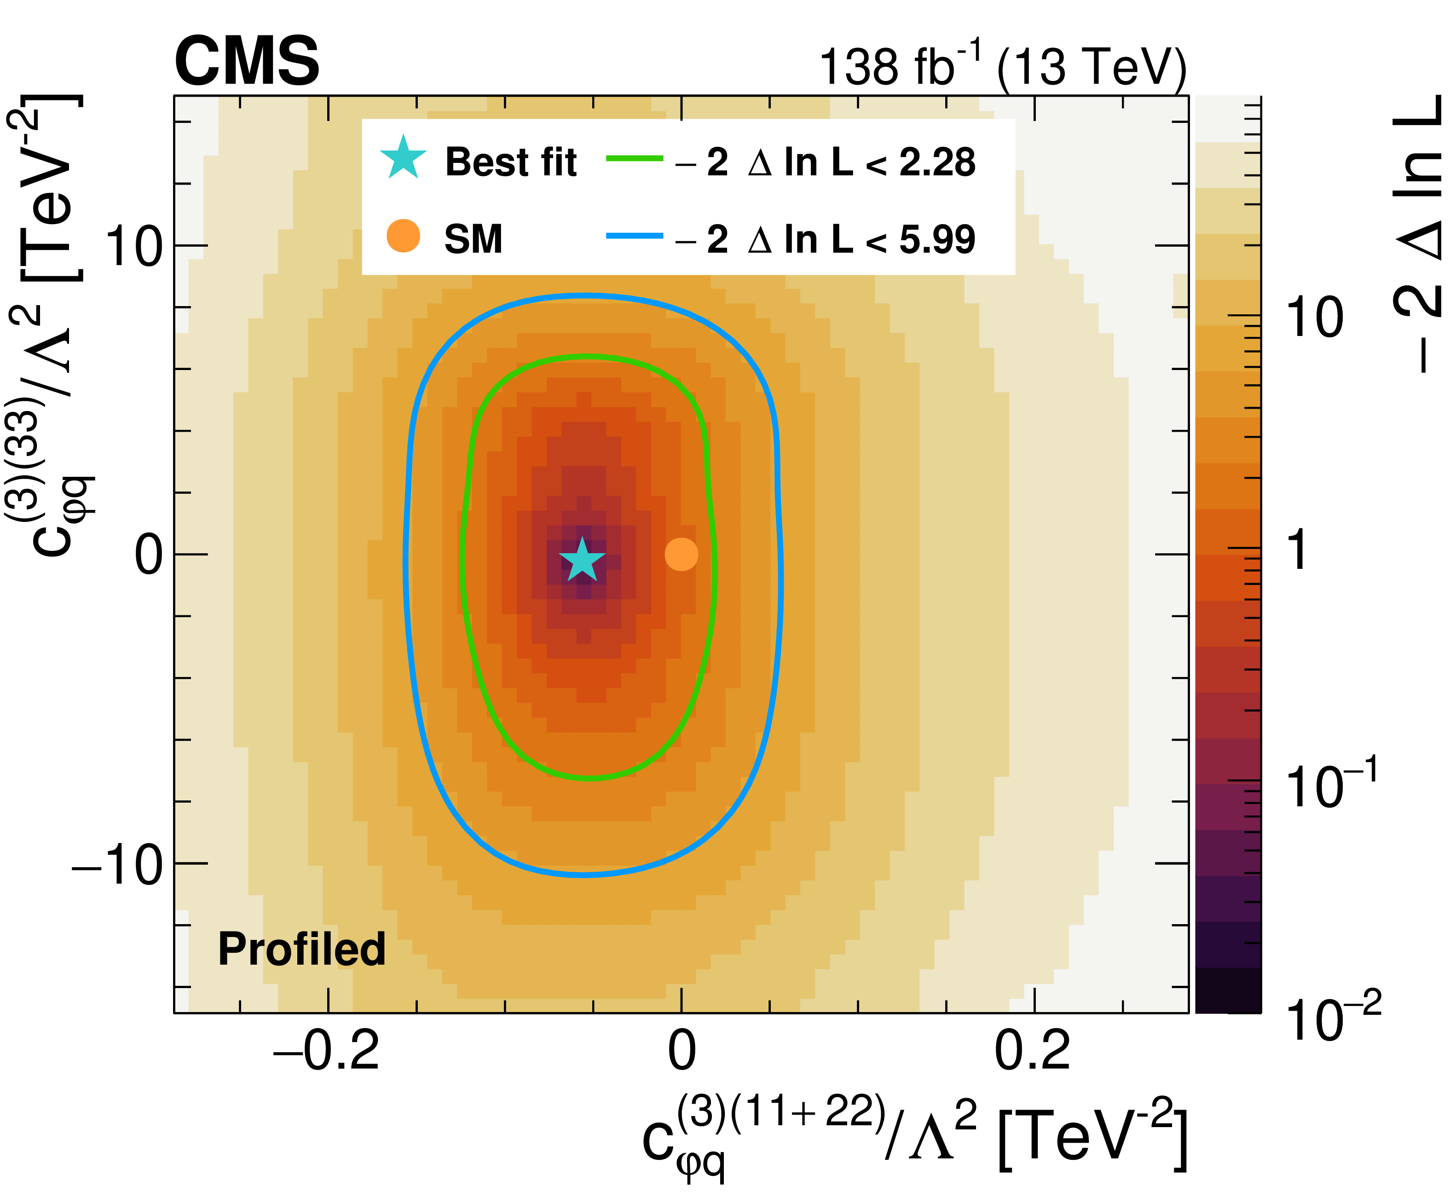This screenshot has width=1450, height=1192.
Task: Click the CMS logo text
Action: (x=247, y=62)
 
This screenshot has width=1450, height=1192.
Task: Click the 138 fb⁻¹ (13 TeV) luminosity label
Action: (x=1002, y=67)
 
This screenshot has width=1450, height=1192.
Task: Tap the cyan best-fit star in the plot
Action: (x=582, y=560)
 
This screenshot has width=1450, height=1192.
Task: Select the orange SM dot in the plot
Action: (x=681, y=554)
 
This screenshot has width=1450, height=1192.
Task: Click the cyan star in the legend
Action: (x=404, y=158)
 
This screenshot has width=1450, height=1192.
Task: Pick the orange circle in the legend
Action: (x=404, y=236)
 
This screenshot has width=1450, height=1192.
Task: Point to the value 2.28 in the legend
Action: (x=937, y=163)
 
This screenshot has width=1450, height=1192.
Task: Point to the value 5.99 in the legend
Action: (x=937, y=240)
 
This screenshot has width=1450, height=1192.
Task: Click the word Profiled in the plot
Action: (x=302, y=949)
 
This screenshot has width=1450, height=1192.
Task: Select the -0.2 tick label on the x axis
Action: (x=327, y=1051)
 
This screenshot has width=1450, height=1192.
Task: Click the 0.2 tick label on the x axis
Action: (x=1033, y=1051)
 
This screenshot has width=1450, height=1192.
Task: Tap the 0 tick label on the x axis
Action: (x=681, y=1051)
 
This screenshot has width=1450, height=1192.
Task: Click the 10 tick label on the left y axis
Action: (x=134, y=247)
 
